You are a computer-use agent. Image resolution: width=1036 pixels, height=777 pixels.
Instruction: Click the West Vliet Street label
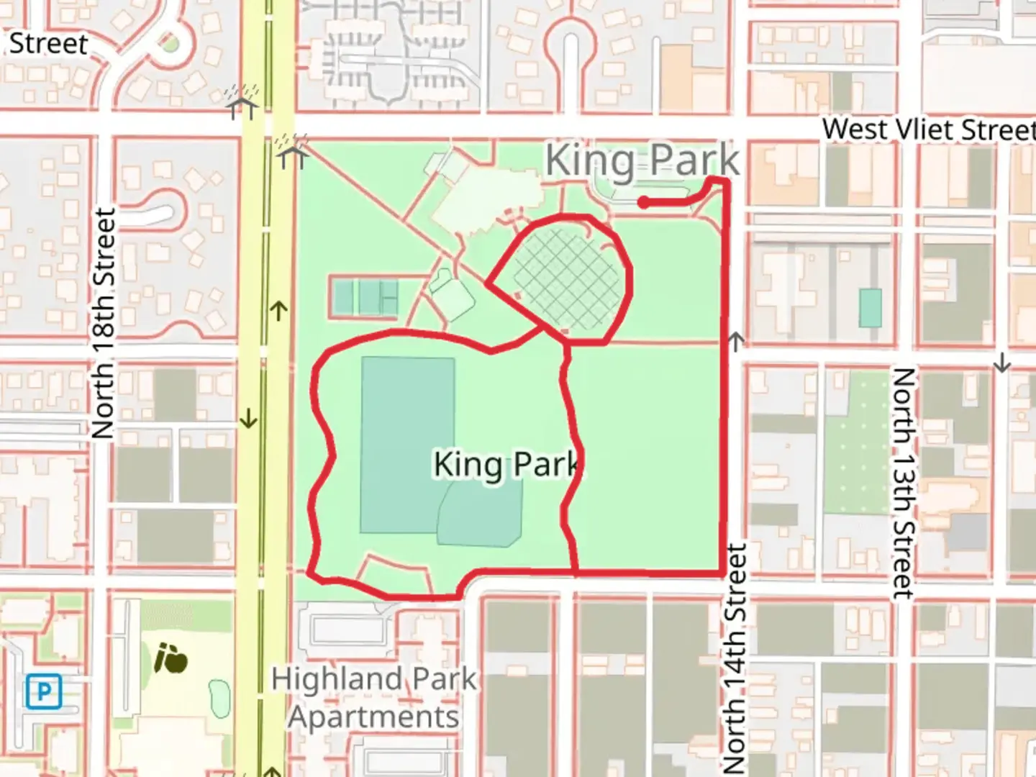(928, 129)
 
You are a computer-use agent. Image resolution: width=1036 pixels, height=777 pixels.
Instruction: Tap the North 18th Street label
(104, 324)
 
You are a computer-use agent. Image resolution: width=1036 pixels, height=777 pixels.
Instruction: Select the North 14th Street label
(735, 658)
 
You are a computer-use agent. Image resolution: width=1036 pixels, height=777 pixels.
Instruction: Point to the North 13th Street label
(904, 483)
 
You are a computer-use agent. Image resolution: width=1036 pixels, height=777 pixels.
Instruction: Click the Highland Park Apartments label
(373, 697)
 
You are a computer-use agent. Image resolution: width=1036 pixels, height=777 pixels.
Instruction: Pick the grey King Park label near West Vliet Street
(642, 160)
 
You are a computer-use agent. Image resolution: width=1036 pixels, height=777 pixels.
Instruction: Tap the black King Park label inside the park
(508, 464)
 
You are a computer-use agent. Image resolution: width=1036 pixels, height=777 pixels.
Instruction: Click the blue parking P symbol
(43, 692)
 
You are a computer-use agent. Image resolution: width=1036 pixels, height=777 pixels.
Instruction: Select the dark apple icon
(171, 658)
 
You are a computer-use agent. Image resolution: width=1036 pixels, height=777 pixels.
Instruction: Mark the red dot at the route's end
(644, 203)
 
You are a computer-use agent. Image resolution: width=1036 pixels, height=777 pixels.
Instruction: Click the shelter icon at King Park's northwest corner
(292, 151)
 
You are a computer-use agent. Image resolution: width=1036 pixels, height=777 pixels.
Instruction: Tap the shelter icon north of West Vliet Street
(242, 102)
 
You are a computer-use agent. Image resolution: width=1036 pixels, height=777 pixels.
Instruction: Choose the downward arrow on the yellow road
(248, 418)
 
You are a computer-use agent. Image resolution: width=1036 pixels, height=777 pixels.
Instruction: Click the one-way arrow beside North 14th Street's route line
(735, 340)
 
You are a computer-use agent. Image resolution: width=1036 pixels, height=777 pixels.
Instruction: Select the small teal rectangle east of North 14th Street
(870, 307)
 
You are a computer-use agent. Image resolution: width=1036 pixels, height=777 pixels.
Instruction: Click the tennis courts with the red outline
(365, 296)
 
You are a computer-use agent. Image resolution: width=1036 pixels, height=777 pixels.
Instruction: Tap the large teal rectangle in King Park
(407, 445)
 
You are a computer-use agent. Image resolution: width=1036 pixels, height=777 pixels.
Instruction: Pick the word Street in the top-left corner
(48, 43)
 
